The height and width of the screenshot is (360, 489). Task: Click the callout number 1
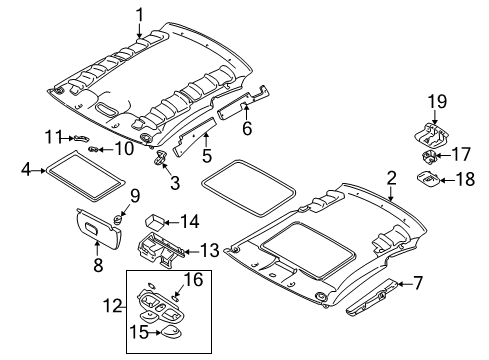coord(140,13)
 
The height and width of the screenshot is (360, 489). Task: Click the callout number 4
coord(27,171)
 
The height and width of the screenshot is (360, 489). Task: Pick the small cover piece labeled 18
coord(429,179)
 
